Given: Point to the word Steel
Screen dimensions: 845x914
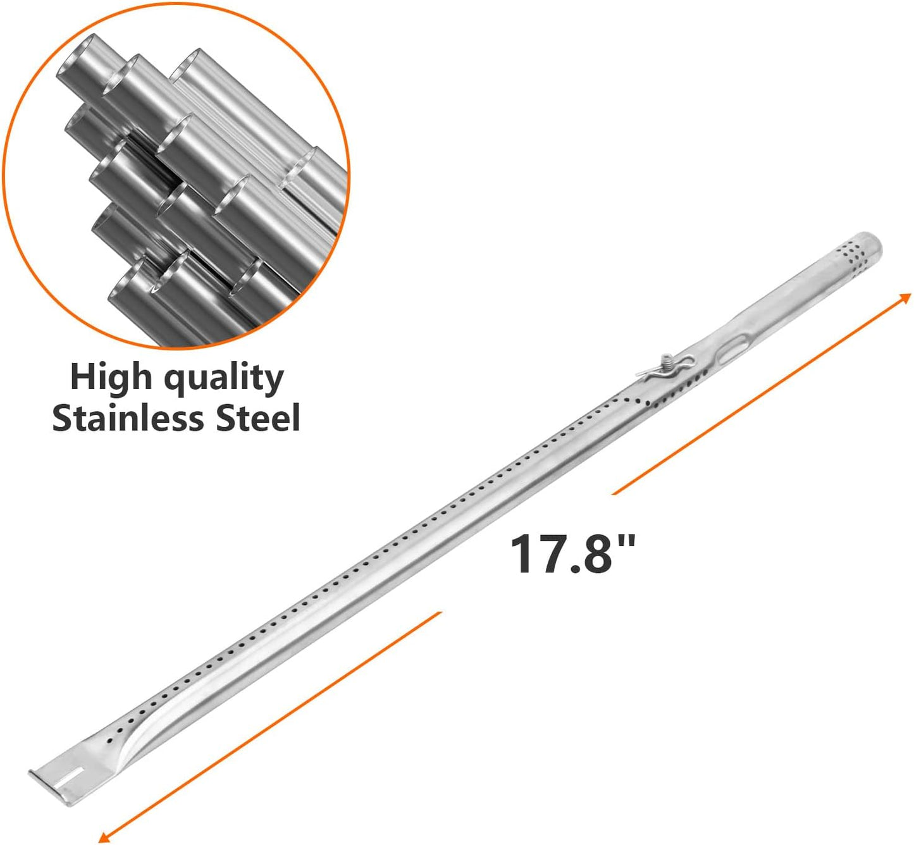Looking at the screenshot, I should tap(257, 419).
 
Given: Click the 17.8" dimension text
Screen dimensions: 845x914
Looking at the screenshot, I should tap(572, 554).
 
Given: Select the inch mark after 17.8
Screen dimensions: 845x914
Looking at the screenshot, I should tap(627, 541).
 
